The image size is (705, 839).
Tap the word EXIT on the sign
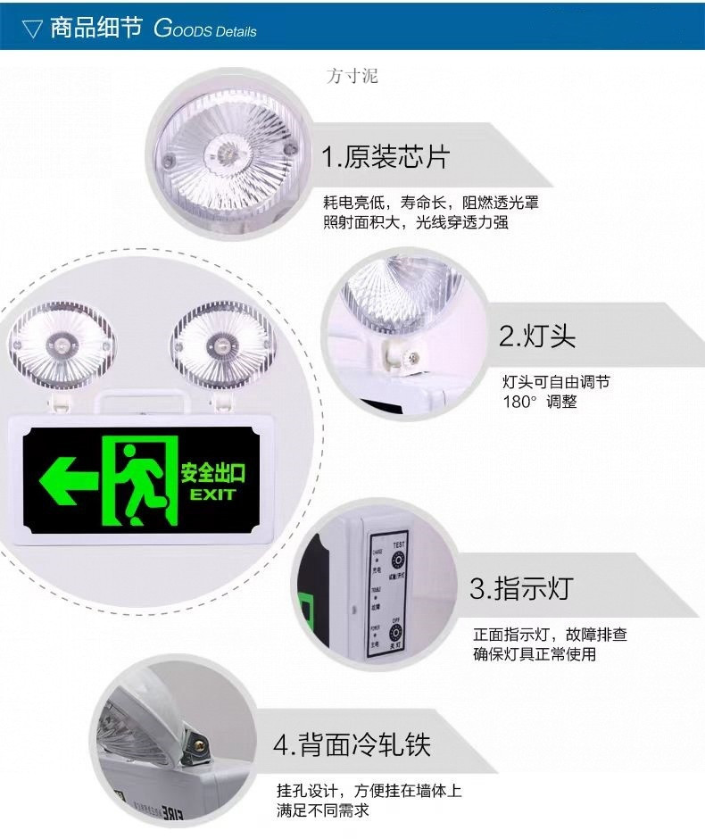tap(211, 494)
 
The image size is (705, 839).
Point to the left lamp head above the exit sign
tap(62, 343)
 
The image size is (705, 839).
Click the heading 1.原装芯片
tap(386, 158)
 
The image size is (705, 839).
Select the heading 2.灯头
tap(537, 336)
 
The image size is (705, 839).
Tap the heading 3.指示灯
tap(520, 589)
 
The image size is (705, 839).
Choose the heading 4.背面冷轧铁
tap(352, 744)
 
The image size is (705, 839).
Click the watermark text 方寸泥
tap(352, 76)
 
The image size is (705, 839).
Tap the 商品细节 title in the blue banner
tap(95, 29)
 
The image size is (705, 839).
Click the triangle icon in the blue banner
tap(32, 29)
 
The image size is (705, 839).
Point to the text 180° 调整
tap(540, 402)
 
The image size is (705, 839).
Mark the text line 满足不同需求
tap(322, 810)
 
